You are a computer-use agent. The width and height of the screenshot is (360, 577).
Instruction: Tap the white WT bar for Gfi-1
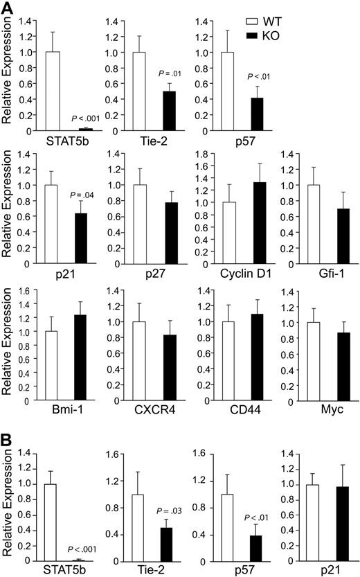pyautogui.click(x=305, y=224)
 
